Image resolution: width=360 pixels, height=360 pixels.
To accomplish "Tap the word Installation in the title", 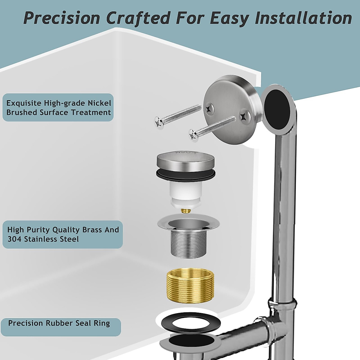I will (x=303, y=18).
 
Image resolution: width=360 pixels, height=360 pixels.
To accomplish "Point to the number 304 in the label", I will (x=13, y=239).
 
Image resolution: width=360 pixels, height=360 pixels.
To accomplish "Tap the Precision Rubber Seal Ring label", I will (x=59, y=323).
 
